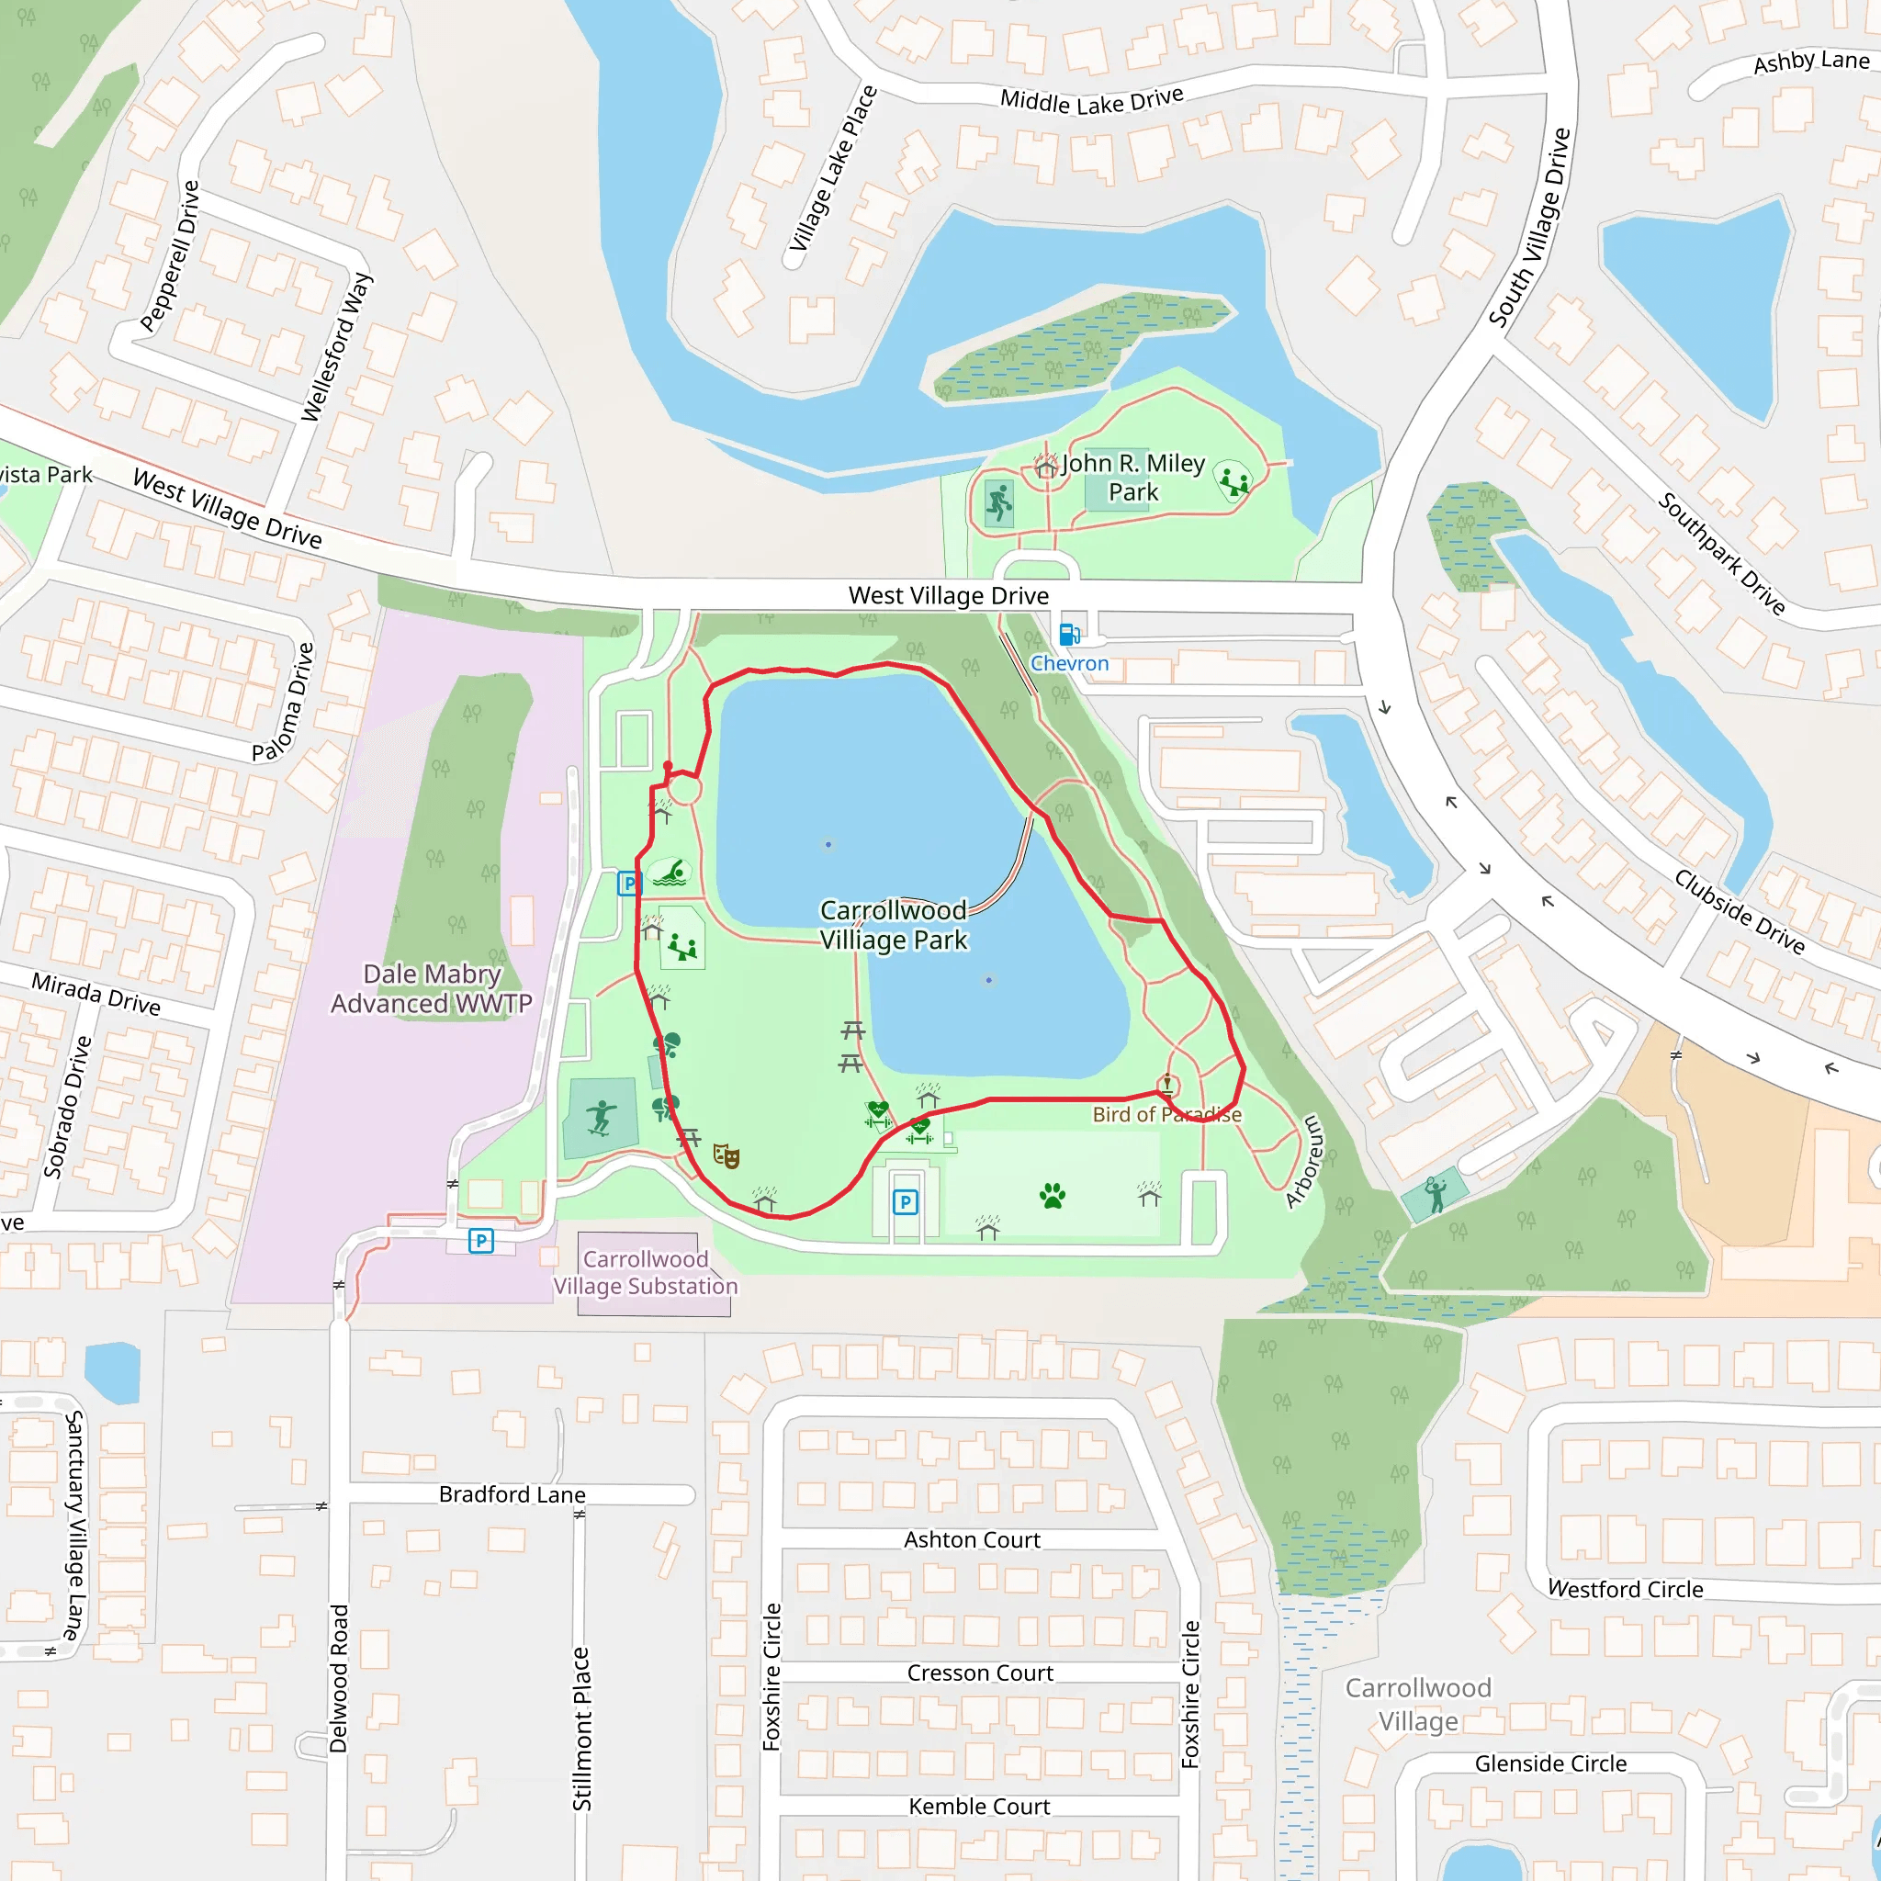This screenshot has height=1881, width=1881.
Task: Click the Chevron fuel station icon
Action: pos(1069,635)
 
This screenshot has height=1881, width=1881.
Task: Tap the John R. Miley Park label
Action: pos(1133,477)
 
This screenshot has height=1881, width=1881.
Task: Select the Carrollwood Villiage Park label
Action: pos(893,925)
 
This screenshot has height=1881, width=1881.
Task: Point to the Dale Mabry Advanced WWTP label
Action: pos(432,988)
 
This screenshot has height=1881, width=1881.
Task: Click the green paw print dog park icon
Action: pos(1053,1196)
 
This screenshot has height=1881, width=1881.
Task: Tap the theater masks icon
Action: pos(726,1155)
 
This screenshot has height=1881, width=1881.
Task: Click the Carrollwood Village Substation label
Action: pos(646,1272)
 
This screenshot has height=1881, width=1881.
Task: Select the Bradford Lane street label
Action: pos(512,1494)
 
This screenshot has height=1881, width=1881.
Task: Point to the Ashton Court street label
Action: pos(972,1539)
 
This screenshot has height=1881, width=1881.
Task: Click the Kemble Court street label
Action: pos(978,1806)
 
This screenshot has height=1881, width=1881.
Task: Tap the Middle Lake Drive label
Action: pos(1091,100)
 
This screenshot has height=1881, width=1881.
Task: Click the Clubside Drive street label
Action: pos(1740,910)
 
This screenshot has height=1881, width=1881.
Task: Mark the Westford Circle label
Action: pos(1625,1589)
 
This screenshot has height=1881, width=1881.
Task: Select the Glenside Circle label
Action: pos(1550,1763)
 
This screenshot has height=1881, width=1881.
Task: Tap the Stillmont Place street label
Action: pos(581,1729)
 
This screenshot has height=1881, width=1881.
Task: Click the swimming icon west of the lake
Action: pos(669,873)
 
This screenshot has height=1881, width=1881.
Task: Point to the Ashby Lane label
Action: pos(1811,62)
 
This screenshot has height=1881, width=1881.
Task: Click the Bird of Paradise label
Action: pos(1166,1115)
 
